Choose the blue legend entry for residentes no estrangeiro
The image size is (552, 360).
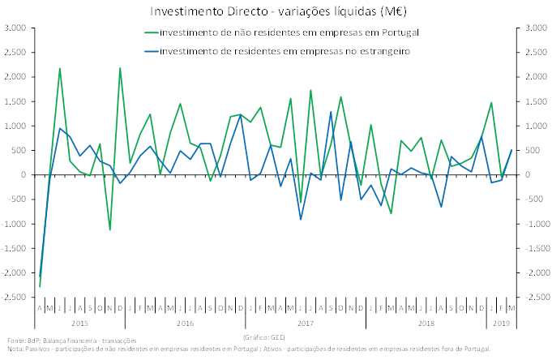point(285,51)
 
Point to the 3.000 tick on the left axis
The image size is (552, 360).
point(15,28)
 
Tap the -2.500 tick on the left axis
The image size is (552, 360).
point(14,298)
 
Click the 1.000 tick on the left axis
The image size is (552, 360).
point(15,126)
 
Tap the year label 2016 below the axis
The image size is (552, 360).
point(185,323)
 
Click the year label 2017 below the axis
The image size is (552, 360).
point(306,323)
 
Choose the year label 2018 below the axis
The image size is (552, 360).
point(426,323)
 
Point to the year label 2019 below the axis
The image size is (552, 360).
point(502,323)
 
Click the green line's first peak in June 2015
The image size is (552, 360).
point(60,68)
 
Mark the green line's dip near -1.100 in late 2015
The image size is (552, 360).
point(110,229)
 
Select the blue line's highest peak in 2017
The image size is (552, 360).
point(331,113)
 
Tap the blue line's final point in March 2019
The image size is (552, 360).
point(511,150)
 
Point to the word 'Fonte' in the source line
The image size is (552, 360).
point(14,341)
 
